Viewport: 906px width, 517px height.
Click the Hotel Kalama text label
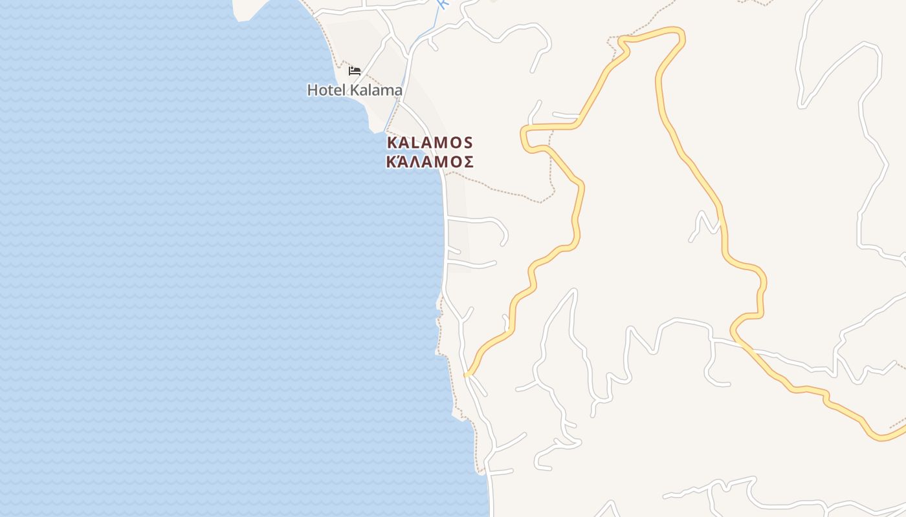point(355,90)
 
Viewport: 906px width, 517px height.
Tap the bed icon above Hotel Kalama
point(355,70)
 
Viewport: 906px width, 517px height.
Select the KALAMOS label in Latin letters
point(430,143)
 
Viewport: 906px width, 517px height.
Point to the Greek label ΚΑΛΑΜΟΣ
point(430,162)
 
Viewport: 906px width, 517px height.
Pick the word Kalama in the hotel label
point(376,90)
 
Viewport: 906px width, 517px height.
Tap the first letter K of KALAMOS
point(392,143)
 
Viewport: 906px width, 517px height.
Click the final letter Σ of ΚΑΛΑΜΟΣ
point(468,162)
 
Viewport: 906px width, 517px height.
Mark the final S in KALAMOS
point(468,143)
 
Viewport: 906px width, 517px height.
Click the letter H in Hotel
point(312,90)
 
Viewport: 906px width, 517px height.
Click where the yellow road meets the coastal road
point(467,374)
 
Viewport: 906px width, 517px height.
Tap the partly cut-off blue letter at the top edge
point(443,3)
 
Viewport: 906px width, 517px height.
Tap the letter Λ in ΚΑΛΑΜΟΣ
point(417,162)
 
